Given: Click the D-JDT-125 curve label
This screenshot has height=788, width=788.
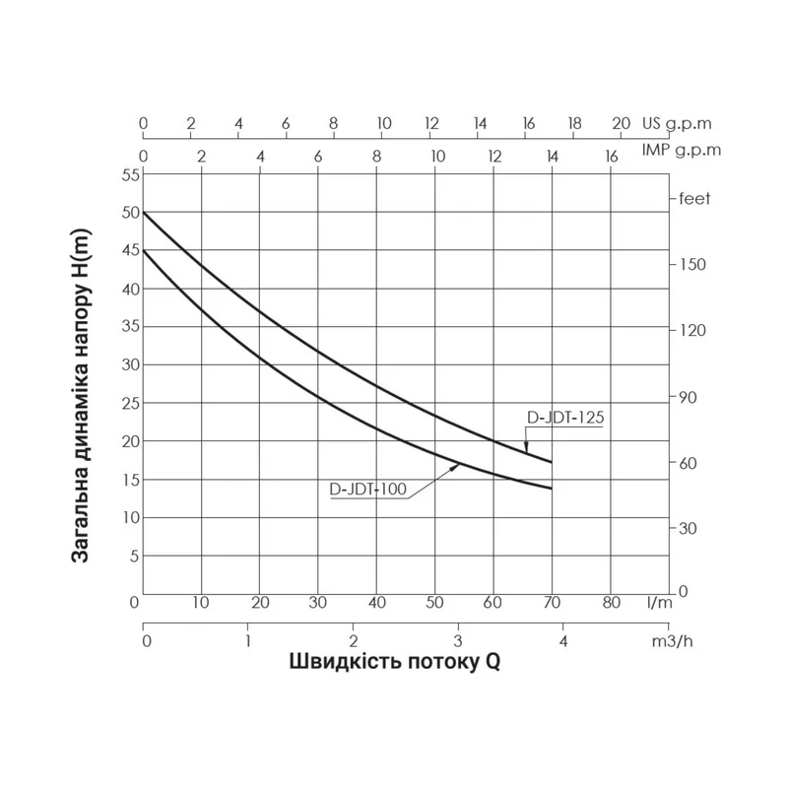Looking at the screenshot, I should click(564, 417).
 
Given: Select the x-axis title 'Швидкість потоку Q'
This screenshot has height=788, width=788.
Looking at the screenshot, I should click(394, 661).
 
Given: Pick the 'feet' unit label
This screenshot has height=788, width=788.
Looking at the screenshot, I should click(694, 198).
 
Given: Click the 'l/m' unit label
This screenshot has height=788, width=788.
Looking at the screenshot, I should click(660, 601).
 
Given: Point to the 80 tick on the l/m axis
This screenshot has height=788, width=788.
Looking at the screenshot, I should click(611, 601).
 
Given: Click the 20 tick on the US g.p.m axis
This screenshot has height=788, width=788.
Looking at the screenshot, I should click(621, 124).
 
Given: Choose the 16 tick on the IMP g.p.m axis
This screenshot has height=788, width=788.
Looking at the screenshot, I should click(611, 156).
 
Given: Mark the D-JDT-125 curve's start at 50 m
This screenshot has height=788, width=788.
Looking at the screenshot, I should click(144, 213).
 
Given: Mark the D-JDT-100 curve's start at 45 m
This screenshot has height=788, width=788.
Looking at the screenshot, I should click(144, 250).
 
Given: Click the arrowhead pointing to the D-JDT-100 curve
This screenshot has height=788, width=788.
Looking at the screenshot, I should click(456, 466).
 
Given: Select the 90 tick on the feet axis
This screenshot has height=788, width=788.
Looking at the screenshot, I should click(687, 397).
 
